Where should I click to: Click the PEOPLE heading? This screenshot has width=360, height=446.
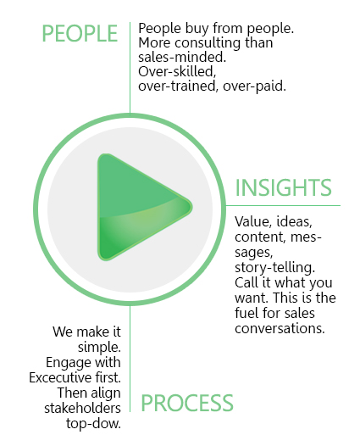tap(80, 34)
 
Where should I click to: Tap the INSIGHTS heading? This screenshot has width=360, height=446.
tap(283, 187)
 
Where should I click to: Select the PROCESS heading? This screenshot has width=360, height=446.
tap(187, 403)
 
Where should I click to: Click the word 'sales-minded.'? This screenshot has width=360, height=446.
tap(182, 57)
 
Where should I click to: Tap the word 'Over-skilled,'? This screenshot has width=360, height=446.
tap(177, 72)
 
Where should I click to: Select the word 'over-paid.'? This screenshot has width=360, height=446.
tap(254, 86)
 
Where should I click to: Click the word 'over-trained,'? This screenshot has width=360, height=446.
tap(178, 86)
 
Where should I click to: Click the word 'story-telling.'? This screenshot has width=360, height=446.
tap(274, 268)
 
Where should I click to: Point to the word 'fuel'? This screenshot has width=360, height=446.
tap(246, 313)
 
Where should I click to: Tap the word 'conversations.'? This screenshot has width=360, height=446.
tap(280, 328)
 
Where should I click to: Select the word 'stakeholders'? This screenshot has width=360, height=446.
tap(82, 408)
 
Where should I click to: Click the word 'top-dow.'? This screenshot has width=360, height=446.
tap(93, 423)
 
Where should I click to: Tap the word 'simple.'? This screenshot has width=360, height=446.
tap(99, 348)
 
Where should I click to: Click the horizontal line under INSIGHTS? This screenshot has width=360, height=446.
tap(283, 205)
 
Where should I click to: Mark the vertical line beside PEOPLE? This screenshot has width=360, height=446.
tap(130, 68)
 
